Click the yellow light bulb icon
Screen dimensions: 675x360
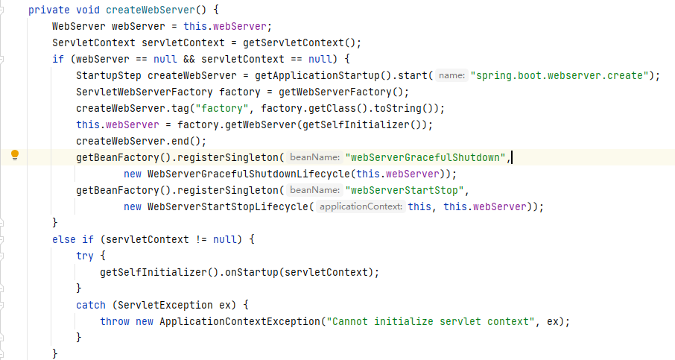pos(14,156)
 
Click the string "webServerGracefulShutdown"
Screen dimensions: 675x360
pos(426,157)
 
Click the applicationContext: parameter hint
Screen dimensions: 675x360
pos(361,206)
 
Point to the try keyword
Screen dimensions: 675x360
pos(85,256)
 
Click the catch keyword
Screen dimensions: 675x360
pos(91,305)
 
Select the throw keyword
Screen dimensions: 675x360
pos(115,321)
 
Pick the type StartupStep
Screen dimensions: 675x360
pos(109,75)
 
